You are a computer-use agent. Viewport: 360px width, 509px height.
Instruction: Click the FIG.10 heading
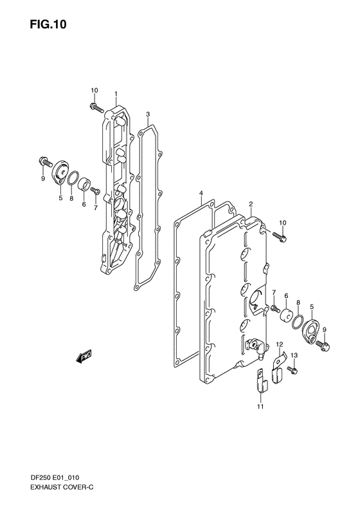click(48, 24)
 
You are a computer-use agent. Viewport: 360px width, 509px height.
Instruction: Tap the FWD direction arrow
click(84, 356)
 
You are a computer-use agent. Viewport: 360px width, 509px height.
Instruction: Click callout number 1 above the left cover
click(116, 93)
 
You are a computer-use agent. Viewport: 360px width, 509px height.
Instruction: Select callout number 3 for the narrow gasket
click(148, 114)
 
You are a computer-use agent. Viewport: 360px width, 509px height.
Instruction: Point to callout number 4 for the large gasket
click(201, 194)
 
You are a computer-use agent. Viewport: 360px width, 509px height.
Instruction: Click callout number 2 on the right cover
click(251, 204)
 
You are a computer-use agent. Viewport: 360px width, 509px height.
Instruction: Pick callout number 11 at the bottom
click(261, 406)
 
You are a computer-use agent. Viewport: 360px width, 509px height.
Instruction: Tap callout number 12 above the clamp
click(280, 344)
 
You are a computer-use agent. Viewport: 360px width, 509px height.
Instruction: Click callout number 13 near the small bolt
click(294, 355)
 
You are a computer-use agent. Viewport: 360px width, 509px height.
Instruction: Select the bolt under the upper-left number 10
click(96, 107)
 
